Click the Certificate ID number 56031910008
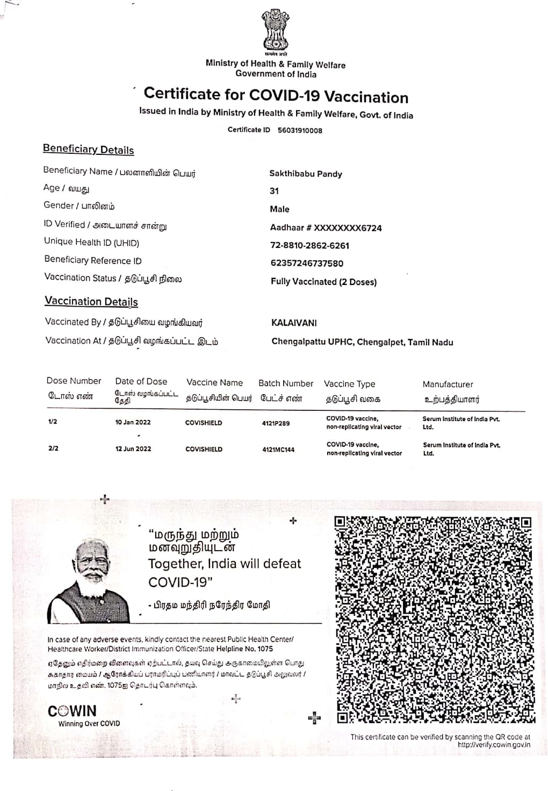[x=300, y=130]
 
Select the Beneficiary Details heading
[x=88, y=149]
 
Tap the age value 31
[x=274, y=191]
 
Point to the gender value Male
[x=279, y=209]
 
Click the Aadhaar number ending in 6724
[x=326, y=228]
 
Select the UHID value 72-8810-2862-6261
[x=309, y=246]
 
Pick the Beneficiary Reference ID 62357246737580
[x=307, y=263]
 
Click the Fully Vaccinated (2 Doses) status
[x=323, y=282]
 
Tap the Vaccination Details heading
[x=91, y=302]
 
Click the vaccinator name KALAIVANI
[x=294, y=323]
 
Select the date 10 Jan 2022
[x=133, y=422]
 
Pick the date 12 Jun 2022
[x=133, y=449]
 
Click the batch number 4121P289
[x=276, y=423]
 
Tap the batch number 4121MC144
[x=278, y=450]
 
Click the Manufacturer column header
[x=448, y=384]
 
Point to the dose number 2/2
[x=53, y=448]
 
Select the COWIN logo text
[x=72, y=711]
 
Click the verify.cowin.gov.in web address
[x=494, y=745]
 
